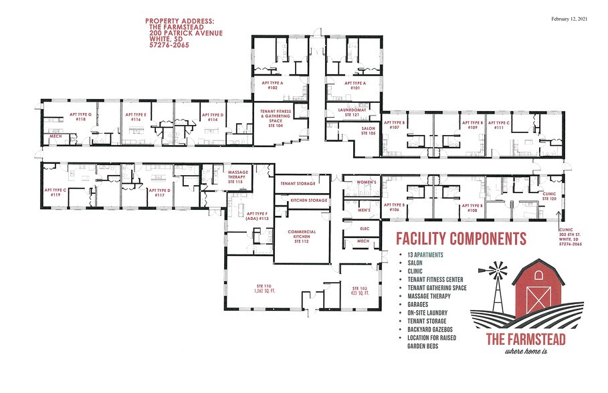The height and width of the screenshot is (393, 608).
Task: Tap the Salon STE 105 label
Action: pyautogui.click(x=367, y=132)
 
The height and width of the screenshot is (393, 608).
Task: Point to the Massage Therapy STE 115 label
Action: pyautogui.click(x=238, y=176)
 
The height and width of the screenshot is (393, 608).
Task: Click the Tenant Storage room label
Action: pyautogui.click(x=297, y=182)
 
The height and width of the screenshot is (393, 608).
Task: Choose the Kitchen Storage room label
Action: pyautogui.click(x=308, y=200)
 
